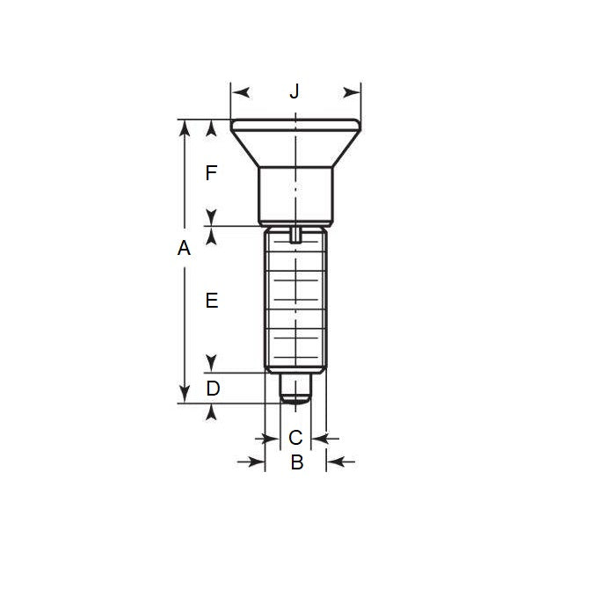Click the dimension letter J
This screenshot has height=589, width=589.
pos(295,91)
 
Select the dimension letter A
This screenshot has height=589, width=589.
pos(184,249)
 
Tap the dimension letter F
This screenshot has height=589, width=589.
pos(211,173)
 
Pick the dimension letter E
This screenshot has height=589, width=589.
pos(211,301)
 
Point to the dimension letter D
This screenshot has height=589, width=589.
pos(212,388)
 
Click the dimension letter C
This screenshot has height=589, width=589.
pos(296,437)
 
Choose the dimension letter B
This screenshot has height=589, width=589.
pos(296,462)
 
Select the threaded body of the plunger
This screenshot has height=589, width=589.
pos(295,303)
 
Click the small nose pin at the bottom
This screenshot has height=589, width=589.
pos(296,389)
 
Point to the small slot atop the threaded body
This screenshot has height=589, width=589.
pos(295,233)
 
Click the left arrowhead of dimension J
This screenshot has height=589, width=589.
pos(240,91)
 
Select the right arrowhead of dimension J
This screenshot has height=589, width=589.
pos(353,91)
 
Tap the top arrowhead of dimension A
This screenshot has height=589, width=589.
pos(184,129)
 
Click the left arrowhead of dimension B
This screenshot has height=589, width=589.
pos(256,461)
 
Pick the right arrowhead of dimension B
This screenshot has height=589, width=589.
pos(336,461)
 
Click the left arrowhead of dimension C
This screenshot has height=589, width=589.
pos(271,437)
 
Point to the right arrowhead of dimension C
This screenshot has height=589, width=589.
pos(321,437)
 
